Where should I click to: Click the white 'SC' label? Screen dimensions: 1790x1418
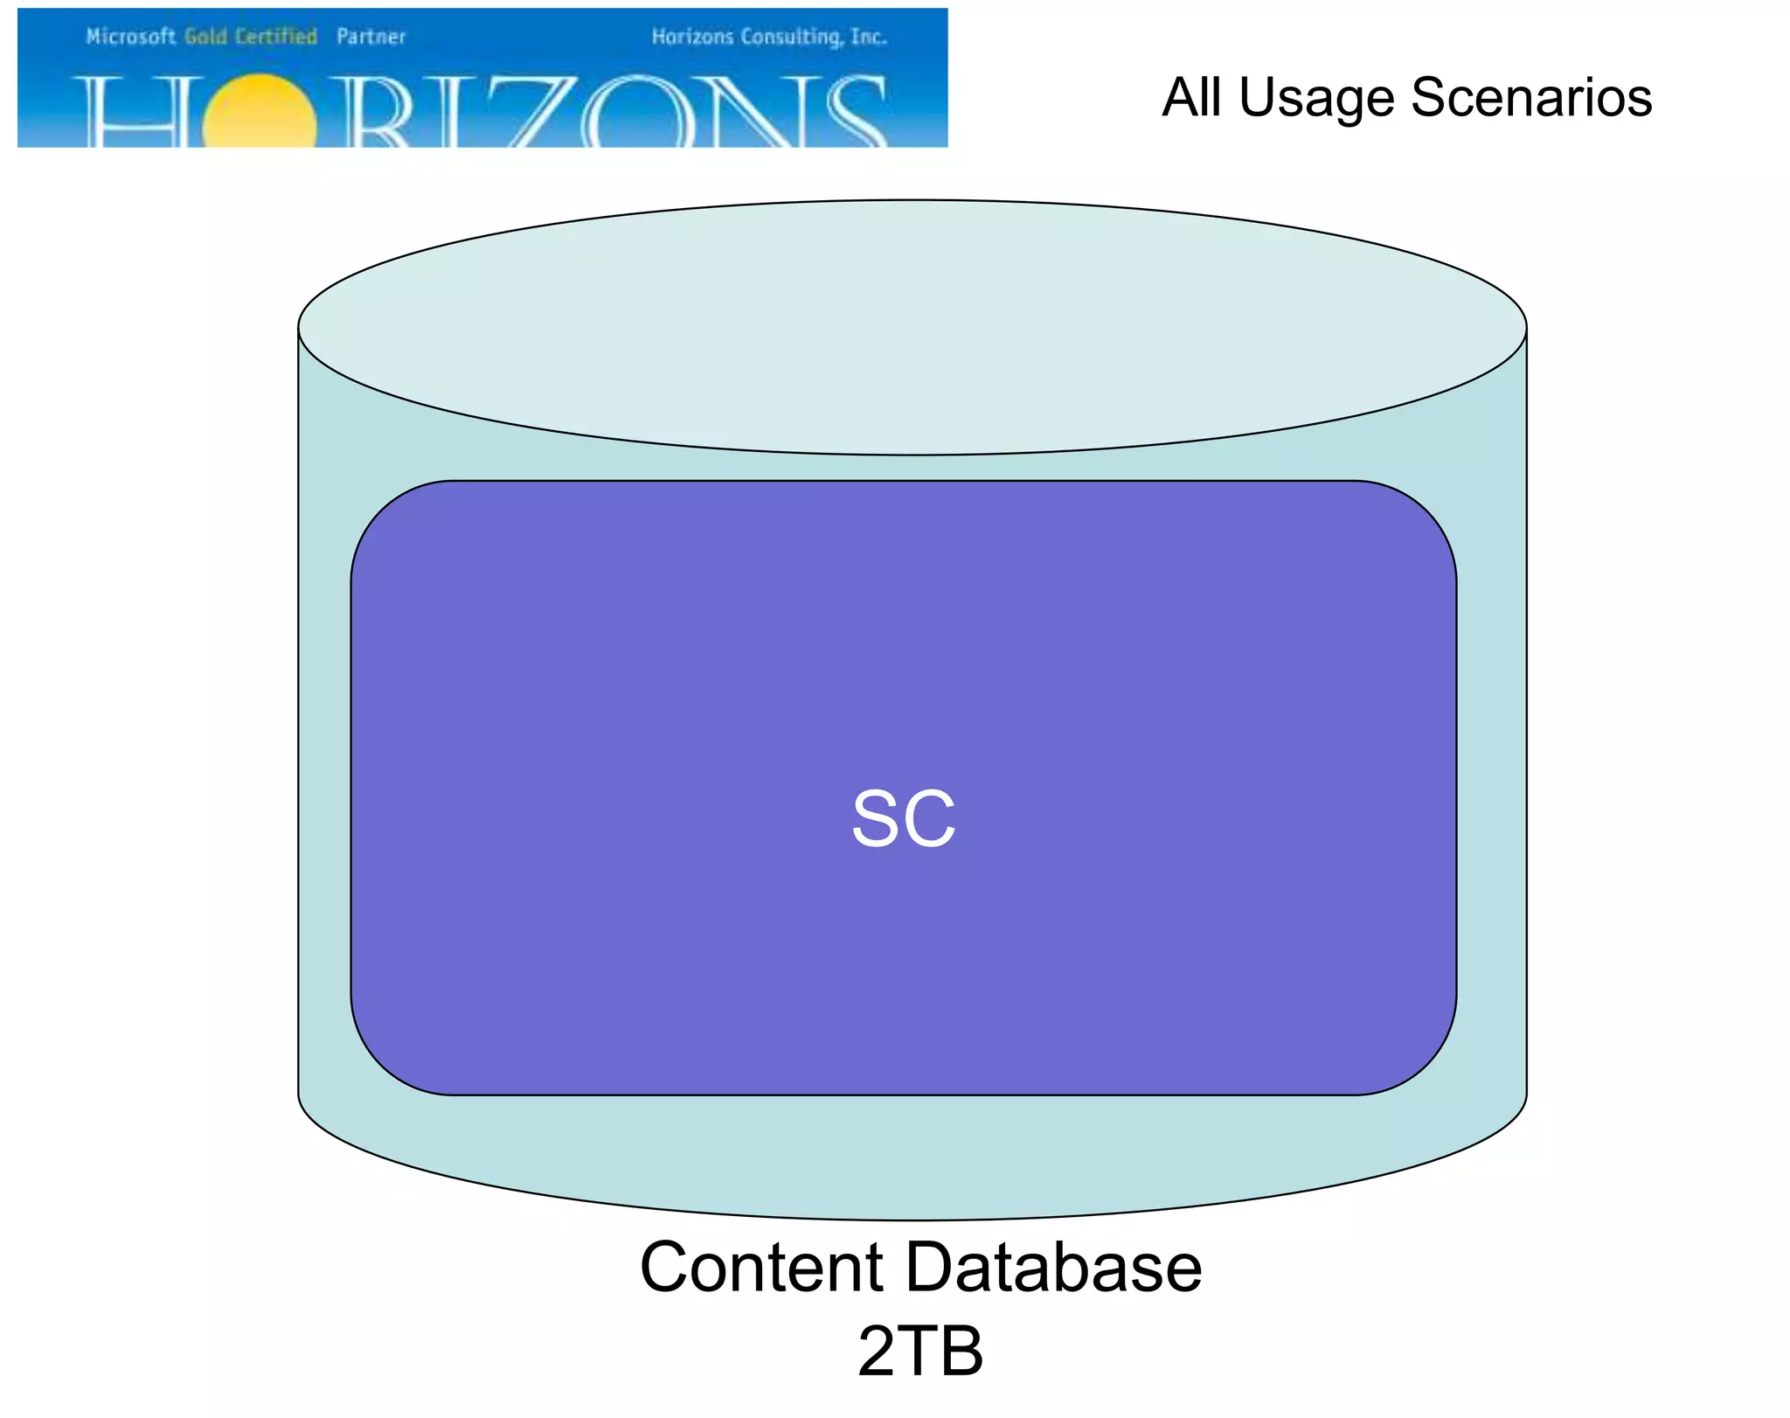[x=904, y=819]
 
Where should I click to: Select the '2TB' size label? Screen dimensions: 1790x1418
[x=920, y=1351]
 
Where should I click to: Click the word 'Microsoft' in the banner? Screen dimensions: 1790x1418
[x=130, y=37]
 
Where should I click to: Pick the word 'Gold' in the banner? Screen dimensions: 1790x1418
[x=205, y=37]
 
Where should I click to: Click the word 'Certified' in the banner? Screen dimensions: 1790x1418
[x=275, y=37]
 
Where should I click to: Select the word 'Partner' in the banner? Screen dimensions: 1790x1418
[x=371, y=37]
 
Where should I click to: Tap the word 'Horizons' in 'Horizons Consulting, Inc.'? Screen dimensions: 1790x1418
[x=692, y=37]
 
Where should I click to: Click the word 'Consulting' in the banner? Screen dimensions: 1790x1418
[x=790, y=37]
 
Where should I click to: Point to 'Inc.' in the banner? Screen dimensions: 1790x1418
[x=869, y=37]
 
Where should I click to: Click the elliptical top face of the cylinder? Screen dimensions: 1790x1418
[x=912, y=328]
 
